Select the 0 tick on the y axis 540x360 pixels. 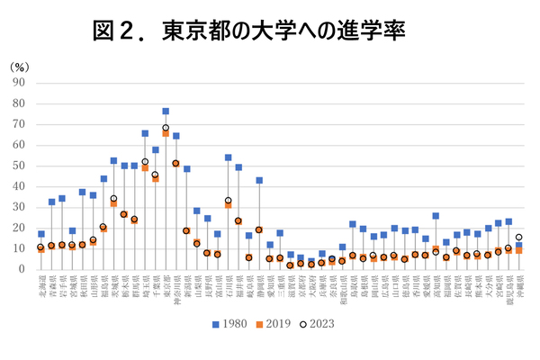22,269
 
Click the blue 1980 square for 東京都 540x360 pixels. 166,112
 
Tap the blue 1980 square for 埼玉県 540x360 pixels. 145,133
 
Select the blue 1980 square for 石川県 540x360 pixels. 228,157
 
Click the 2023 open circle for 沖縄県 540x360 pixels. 518,238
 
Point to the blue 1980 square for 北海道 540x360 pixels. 40,234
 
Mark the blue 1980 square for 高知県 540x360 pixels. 436,216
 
